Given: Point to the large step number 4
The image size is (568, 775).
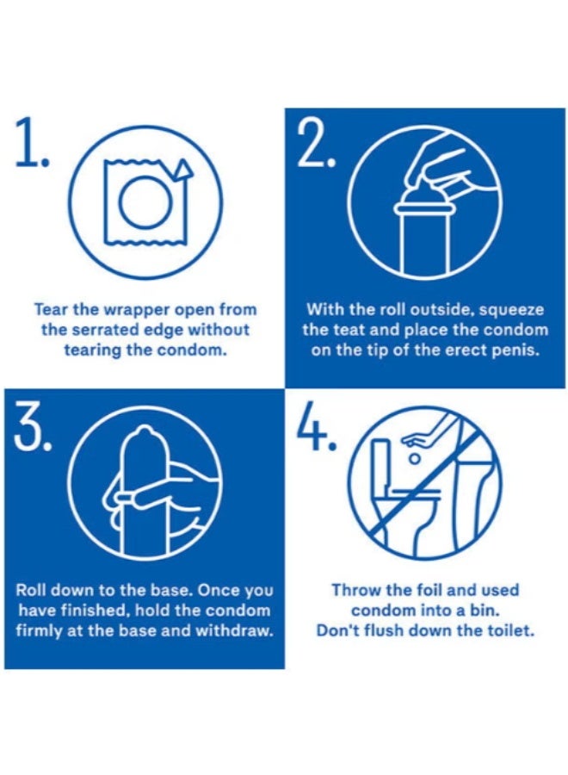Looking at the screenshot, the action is coord(316,425).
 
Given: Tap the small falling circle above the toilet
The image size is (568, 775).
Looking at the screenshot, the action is coord(416,459).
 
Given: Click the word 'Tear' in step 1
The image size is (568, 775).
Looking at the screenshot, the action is coord(51,310).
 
